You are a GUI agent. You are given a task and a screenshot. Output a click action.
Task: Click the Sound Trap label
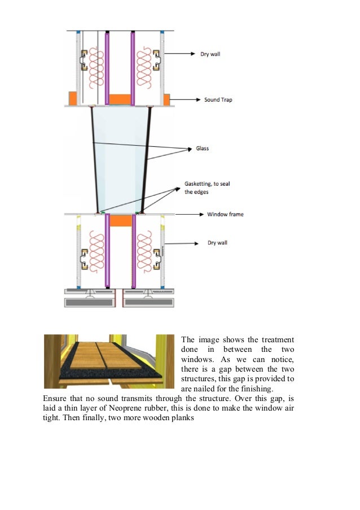pyautogui.click(x=218, y=100)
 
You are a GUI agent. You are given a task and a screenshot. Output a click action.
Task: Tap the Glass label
pyautogui.click(x=203, y=149)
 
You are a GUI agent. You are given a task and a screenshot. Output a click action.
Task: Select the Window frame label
pyautogui.click(x=225, y=215)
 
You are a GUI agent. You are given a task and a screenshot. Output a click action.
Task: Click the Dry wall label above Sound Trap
pyautogui.click(x=210, y=54)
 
